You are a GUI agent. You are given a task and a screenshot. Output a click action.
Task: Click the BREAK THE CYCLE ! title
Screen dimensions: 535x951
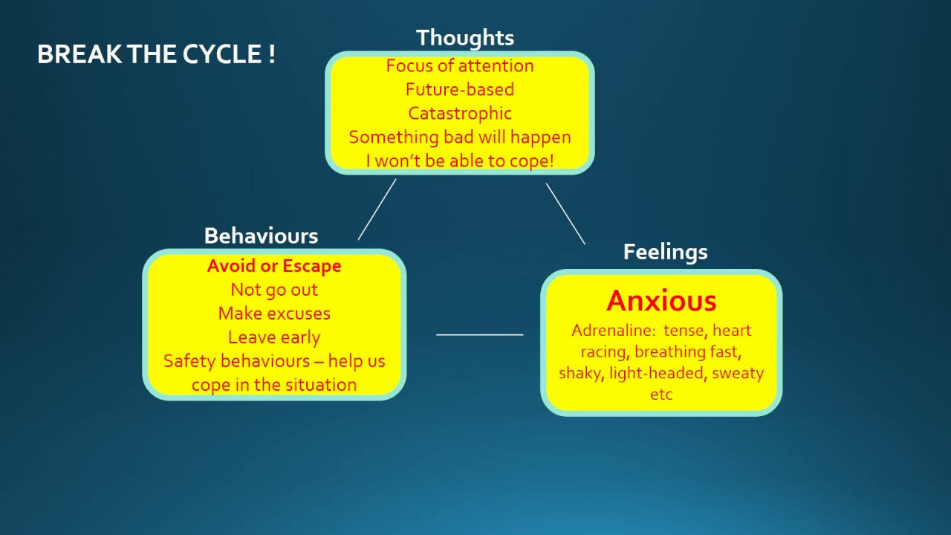pyautogui.click(x=156, y=55)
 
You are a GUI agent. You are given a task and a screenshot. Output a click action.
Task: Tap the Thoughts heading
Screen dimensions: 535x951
pyautogui.click(x=464, y=38)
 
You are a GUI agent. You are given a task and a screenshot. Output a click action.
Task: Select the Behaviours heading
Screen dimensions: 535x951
pyautogui.click(x=261, y=236)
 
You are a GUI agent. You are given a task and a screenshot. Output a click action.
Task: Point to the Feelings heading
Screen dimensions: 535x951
pyautogui.click(x=665, y=252)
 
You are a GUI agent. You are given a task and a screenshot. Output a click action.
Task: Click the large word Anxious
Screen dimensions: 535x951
pyautogui.click(x=661, y=301)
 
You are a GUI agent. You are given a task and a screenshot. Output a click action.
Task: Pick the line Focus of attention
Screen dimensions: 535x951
pyautogui.click(x=460, y=66)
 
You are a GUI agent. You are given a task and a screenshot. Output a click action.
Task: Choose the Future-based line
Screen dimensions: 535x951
pyautogui.click(x=460, y=90)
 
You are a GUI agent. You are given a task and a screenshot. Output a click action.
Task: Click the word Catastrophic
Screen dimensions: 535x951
pyautogui.click(x=460, y=114)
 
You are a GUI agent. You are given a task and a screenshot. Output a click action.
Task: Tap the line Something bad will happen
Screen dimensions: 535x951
pyautogui.click(x=460, y=137)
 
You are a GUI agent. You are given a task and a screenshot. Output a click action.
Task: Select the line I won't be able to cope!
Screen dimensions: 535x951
pyautogui.click(x=460, y=160)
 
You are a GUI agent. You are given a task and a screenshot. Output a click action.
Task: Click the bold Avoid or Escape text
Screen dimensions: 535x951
pyautogui.click(x=274, y=266)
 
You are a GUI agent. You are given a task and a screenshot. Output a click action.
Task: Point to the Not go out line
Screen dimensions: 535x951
pyautogui.click(x=274, y=290)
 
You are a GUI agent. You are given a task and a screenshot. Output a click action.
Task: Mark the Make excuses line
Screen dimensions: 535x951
pyautogui.click(x=274, y=314)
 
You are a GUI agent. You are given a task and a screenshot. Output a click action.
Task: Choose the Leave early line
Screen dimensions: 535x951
pyautogui.click(x=274, y=337)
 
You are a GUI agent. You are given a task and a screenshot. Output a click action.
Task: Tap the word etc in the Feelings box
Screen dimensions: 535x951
pyautogui.click(x=661, y=395)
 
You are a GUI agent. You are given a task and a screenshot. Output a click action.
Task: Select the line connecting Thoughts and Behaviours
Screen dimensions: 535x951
pyautogui.click(x=377, y=209)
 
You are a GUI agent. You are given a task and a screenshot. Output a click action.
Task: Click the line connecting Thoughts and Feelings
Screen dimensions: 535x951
pyautogui.click(x=565, y=214)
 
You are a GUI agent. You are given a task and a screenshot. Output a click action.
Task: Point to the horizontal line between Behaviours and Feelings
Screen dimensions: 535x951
pyautogui.click(x=480, y=335)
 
